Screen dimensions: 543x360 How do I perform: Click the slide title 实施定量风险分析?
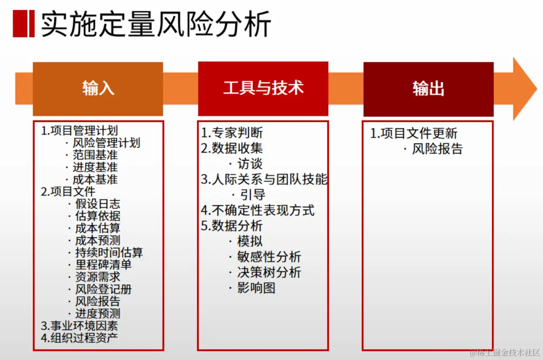pyautogui.click(x=156, y=24)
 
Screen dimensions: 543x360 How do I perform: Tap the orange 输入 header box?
pyautogui.click(x=98, y=89)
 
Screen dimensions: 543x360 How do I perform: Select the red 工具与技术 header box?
pyautogui.click(x=263, y=89)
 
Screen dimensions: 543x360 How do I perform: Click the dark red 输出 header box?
pyautogui.click(x=428, y=89)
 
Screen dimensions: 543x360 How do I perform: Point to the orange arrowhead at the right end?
pyautogui.click(x=524, y=89)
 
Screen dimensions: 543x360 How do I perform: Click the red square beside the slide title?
pyautogui.click(x=24, y=23)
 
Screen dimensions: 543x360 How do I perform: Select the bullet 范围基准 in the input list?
pyautogui.click(x=95, y=155)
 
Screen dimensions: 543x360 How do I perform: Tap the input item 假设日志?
pyautogui.click(x=98, y=204)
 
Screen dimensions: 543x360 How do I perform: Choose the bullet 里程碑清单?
pyautogui.click(x=103, y=265)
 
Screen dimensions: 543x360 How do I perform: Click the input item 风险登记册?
pyautogui.click(x=103, y=289)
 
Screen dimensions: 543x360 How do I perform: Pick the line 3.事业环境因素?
pyautogui.click(x=79, y=326)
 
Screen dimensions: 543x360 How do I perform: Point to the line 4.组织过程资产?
pyautogui.click(x=79, y=337)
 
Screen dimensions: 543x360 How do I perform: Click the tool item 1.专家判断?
pyautogui.click(x=232, y=133)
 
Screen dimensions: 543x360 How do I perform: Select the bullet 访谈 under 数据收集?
pyautogui.click(x=250, y=164)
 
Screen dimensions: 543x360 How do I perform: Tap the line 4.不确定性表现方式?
pyautogui.click(x=258, y=210)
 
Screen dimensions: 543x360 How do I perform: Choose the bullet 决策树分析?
pyautogui.click(x=269, y=272)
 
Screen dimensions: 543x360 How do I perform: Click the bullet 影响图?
pyautogui.click(x=256, y=288)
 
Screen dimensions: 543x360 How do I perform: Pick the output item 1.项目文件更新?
pyautogui.click(x=414, y=133)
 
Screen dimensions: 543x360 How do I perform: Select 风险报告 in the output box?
pyautogui.click(x=437, y=149)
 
